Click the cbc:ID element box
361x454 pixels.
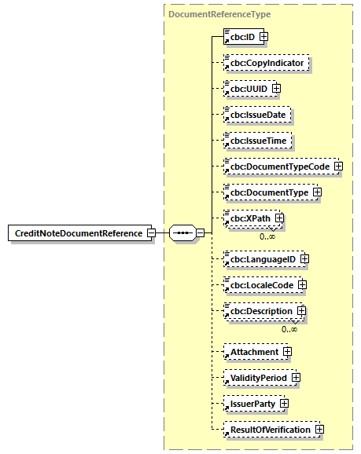tap(241, 36)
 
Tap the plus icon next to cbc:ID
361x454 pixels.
tap(264, 36)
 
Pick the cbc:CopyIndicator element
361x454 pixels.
tap(267, 62)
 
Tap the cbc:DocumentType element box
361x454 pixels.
tap(267, 192)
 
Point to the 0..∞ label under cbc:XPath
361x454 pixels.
tap(268, 236)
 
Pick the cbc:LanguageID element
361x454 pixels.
tap(260, 258)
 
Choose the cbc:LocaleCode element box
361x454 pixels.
tap(260, 284)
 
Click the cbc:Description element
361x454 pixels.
tap(260, 311)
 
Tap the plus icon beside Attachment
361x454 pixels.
tap(287, 352)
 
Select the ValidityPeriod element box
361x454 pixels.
tap(256, 378)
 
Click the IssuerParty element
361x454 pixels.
tap(250, 404)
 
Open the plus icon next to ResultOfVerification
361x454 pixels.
tap(319, 430)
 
